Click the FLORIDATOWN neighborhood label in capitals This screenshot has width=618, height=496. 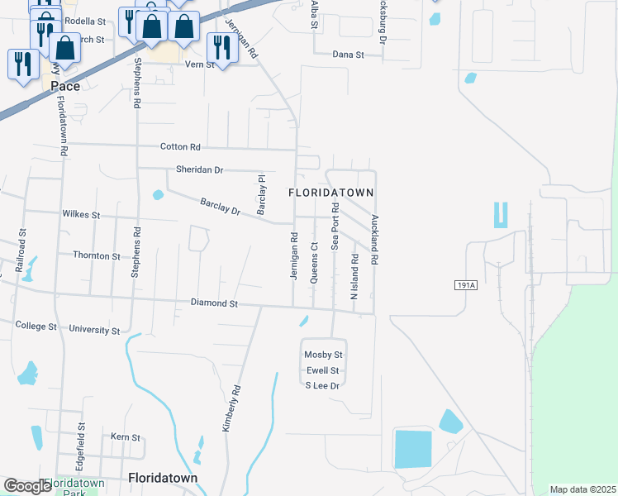pyautogui.click(x=331, y=192)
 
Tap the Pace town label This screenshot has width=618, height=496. pyautogui.click(x=65, y=86)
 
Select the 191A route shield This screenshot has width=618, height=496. pyautogui.click(x=466, y=285)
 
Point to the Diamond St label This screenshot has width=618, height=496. pyautogui.click(x=214, y=303)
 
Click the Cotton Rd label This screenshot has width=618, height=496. pyautogui.click(x=180, y=147)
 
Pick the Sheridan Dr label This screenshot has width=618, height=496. pyautogui.click(x=200, y=169)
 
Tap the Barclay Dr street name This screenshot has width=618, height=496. pyautogui.click(x=220, y=207)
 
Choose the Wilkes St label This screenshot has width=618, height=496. pyautogui.click(x=81, y=215)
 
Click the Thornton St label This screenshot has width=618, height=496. pyautogui.click(x=97, y=256)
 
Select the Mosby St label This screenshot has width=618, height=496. pyautogui.click(x=323, y=355)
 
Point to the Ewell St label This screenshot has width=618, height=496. pyautogui.click(x=323, y=370)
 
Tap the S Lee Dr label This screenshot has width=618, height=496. pyautogui.click(x=323, y=385)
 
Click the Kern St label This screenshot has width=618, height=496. pyautogui.click(x=126, y=436)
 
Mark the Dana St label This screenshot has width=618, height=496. pyautogui.click(x=348, y=55)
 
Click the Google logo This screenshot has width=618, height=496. pyautogui.click(x=27, y=485)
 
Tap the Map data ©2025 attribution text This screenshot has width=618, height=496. pyautogui.click(x=582, y=489)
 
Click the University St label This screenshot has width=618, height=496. pyautogui.click(x=94, y=330)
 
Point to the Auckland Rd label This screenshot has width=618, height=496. pyautogui.click(x=374, y=240)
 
